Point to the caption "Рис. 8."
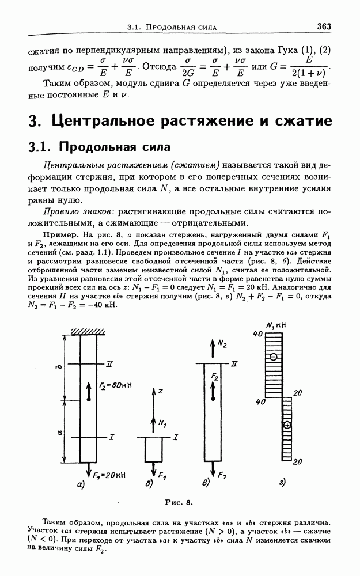click(x=179, y=503)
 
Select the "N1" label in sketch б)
click(x=163, y=425)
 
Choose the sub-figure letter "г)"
click(x=282, y=483)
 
